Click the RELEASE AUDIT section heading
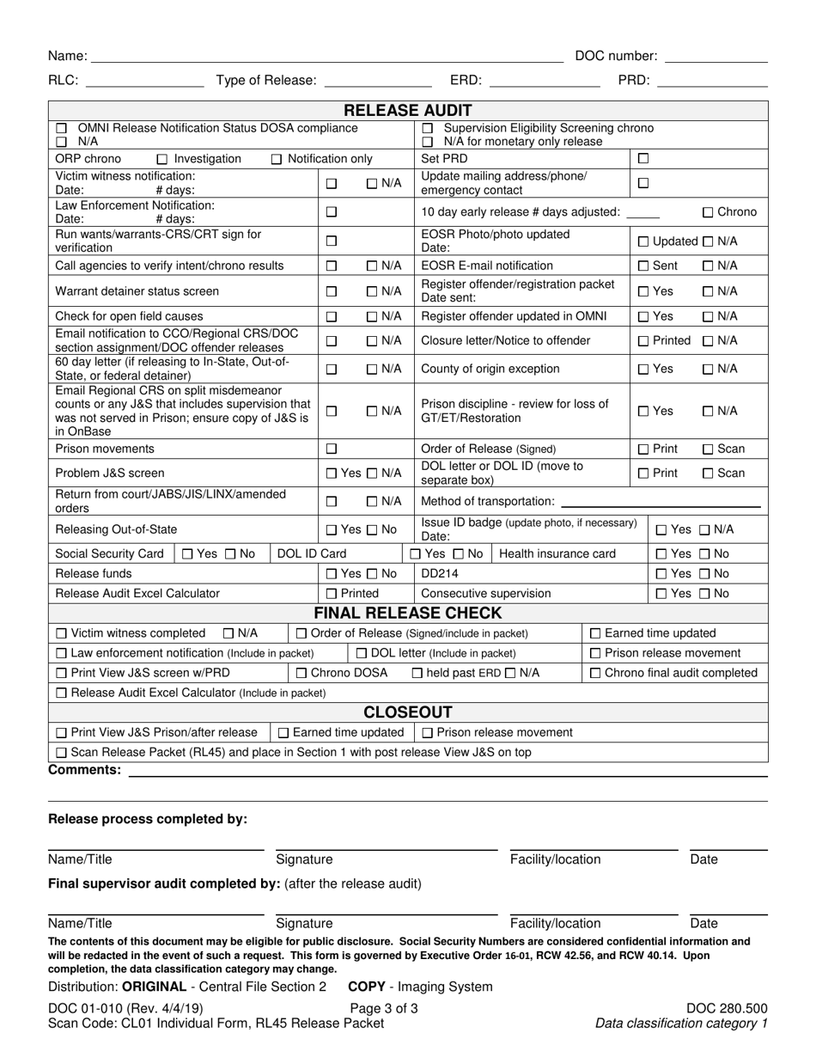coord(408,110)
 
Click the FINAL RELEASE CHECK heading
coord(408,614)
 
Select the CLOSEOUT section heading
coord(408,712)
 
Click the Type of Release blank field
coord(377,81)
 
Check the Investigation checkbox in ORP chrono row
coord(162,159)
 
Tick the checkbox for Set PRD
coord(643,159)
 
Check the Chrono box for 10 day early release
coord(709,212)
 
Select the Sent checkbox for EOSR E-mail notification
coord(643,266)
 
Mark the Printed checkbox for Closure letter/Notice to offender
coord(643,341)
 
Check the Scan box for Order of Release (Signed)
coord(709,449)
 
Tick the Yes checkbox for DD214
coord(661,574)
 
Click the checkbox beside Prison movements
coord(332,449)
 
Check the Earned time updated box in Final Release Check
coord(596,633)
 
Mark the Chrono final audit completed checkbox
coord(596,673)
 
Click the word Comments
coord(84,770)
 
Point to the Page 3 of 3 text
coord(384,1009)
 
